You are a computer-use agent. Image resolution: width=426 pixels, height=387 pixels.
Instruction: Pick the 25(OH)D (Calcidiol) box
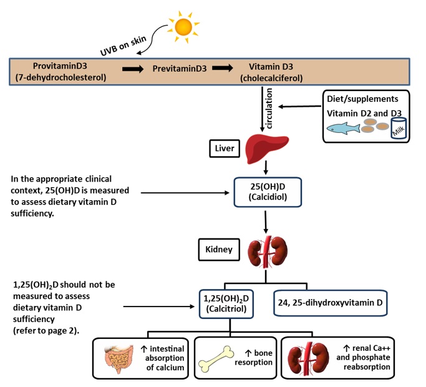coord(267,190)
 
